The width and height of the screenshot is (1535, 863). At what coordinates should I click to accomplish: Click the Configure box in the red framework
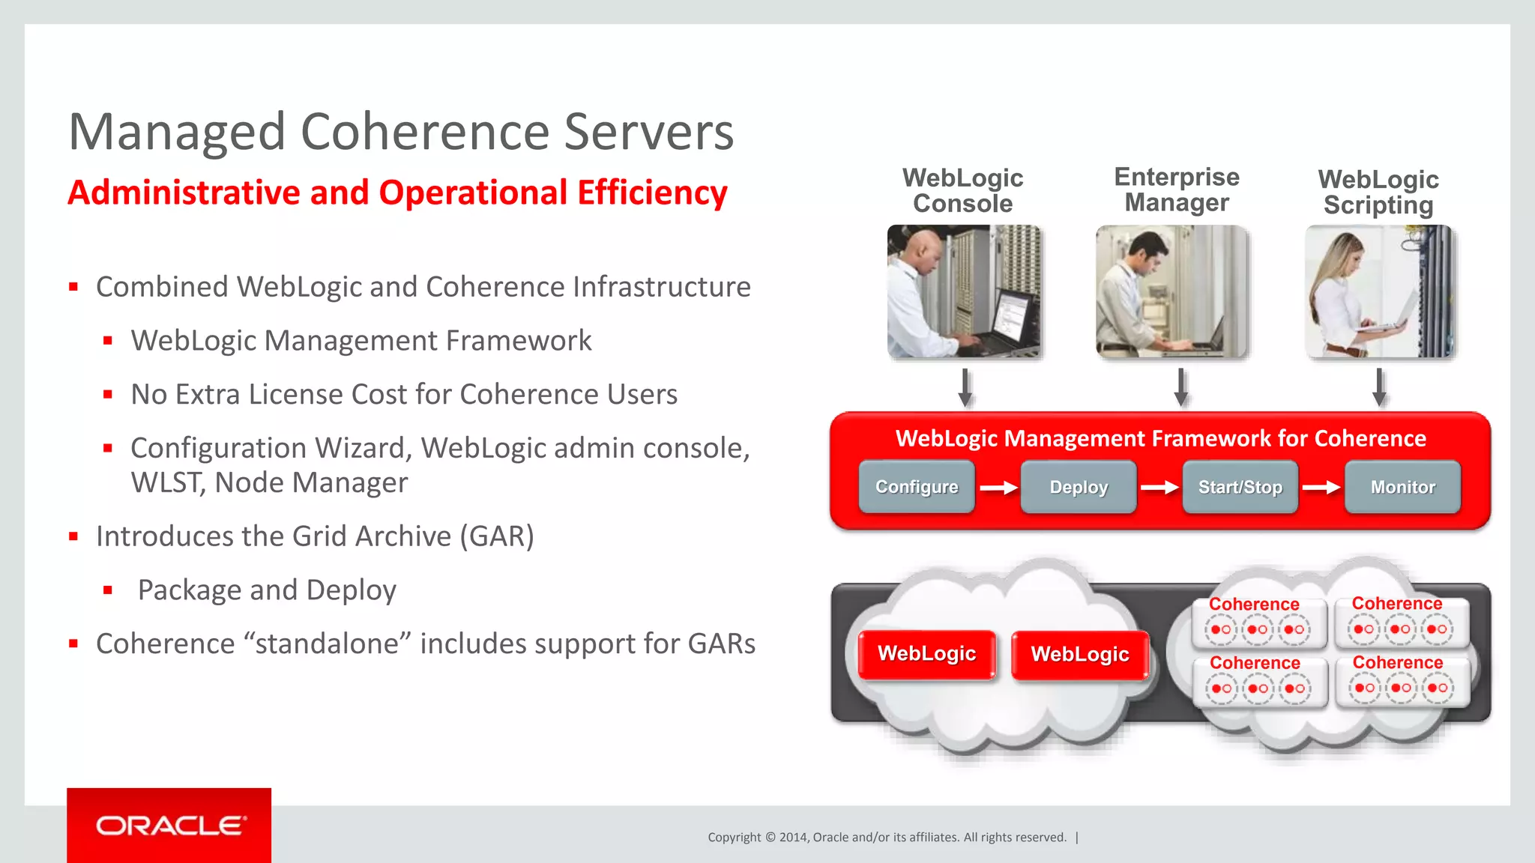tap(916, 487)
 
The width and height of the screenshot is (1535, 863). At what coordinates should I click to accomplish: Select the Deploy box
tap(1078, 487)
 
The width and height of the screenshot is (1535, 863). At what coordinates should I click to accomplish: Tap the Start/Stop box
tap(1240, 487)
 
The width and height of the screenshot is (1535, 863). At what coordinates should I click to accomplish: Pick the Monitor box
tap(1402, 487)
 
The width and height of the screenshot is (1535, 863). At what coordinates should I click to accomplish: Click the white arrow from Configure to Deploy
tap(998, 488)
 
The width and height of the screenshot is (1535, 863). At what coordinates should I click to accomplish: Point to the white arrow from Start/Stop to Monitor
tap(1321, 488)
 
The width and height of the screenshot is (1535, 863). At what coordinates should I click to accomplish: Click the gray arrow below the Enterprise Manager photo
tap(1181, 387)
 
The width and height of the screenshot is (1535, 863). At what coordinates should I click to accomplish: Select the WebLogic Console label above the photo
tap(962, 190)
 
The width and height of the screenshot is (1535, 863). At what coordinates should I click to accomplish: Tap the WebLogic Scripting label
tap(1378, 192)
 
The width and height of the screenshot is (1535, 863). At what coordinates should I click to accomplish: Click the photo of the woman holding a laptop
tap(1378, 292)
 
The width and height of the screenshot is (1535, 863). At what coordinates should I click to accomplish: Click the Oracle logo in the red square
tap(169, 826)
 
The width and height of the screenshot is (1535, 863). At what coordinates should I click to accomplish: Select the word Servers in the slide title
tap(648, 132)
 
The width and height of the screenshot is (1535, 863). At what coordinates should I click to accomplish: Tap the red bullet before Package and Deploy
tap(108, 590)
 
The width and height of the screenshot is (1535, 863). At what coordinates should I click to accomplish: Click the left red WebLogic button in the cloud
tap(926, 654)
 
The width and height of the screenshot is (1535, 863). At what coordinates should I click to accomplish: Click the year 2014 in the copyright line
tap(793, 838)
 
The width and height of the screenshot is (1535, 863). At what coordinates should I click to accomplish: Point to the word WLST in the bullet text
tap(167, 482)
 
